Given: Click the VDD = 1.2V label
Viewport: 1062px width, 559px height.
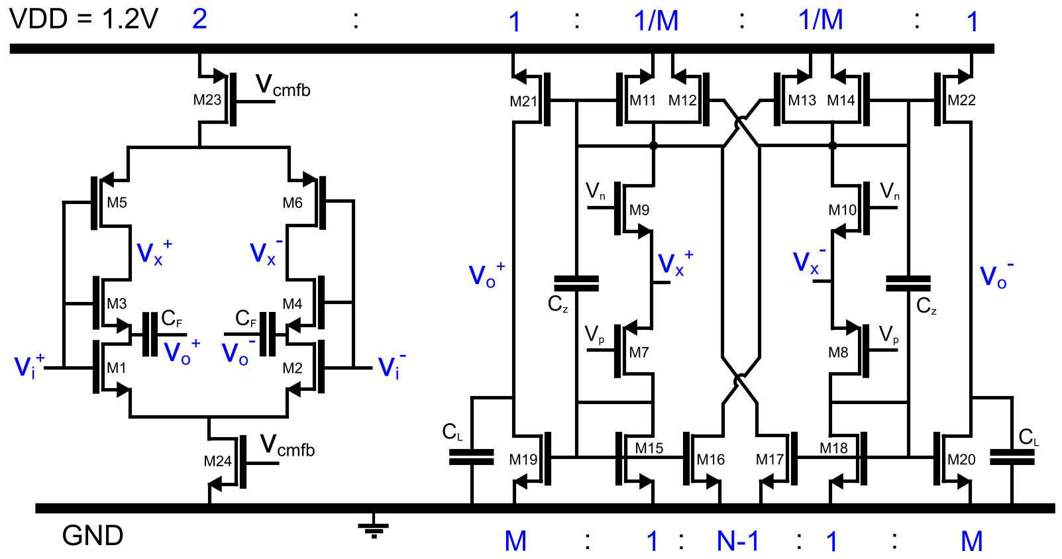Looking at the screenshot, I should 83,19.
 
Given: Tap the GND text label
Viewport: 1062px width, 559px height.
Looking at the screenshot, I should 92,535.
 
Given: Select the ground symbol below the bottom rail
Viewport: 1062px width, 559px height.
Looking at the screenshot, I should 374,527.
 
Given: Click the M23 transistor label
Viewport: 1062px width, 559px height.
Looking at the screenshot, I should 207,100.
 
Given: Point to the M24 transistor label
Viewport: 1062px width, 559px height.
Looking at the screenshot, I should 217,461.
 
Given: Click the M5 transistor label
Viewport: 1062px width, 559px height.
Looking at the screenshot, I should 117,203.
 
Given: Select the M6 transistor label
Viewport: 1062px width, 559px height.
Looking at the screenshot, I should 292,203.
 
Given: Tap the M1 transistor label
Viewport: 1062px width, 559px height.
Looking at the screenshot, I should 117,368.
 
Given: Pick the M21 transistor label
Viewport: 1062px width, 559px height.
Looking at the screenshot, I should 523,101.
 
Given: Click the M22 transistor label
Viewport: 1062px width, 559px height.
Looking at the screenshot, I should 961,100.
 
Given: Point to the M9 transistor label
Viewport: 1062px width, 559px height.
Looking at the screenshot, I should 639,210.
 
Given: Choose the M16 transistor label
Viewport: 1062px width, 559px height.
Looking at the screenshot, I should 710,459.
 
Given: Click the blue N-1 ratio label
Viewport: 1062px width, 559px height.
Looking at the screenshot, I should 738,541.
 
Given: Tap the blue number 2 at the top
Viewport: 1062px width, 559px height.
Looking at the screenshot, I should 199,19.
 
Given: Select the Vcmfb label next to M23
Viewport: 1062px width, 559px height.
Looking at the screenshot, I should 283,86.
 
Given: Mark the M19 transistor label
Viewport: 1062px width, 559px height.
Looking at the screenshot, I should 523,459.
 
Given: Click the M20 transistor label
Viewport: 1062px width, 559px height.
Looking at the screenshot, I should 961,459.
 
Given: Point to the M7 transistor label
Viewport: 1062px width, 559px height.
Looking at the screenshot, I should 639,352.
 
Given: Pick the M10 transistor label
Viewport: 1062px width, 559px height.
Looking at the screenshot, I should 842,210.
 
